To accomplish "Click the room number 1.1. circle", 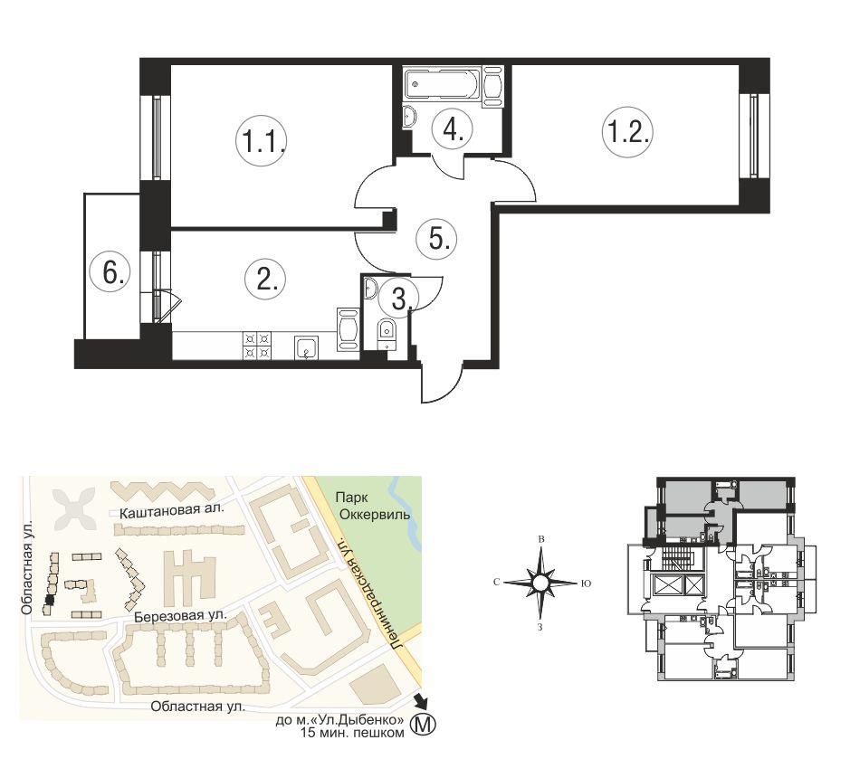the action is (261, 141).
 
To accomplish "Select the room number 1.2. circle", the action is (627, 131).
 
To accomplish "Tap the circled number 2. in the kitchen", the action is (265, 280).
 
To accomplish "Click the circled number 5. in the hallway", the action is (438, 238).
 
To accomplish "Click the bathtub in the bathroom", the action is (443, 84).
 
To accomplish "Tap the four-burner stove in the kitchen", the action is (257, 345).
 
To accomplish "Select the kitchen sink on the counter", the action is (308, 347).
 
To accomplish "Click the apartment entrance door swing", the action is (441, 383).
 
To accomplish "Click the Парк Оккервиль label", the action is (372, 506).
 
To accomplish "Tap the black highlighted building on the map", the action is (49, 600).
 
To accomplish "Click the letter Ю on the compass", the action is (586, 583).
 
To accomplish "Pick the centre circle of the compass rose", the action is (540, 583).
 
